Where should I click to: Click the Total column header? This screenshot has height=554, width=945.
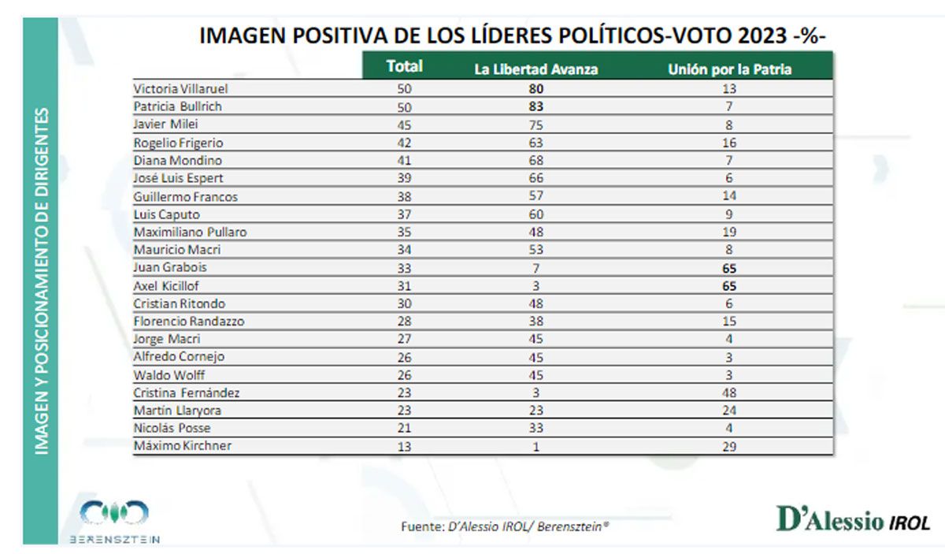coord(405,67)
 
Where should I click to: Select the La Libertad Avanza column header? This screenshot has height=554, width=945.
coord(535,69)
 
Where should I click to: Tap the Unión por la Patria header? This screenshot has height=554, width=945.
coord(729,69)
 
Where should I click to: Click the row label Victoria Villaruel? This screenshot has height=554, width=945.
coord(181,89)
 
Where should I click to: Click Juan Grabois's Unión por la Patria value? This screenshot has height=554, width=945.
coord(728,269)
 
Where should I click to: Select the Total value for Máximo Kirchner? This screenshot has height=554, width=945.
coord(405,447)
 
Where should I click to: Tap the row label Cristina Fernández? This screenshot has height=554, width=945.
coord(187,393)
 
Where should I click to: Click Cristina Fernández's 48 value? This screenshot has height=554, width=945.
coord(728,393)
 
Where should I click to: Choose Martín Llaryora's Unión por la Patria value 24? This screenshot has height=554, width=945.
coord(728,411)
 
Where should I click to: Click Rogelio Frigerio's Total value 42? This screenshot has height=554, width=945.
coord(405,143)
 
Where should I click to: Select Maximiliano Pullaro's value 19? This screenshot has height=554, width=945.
coord(728,233)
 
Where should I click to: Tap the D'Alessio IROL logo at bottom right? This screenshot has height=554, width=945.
coord(853,520)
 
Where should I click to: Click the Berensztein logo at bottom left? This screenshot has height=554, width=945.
coord(115,521)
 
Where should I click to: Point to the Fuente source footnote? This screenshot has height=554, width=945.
coord(505,526)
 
